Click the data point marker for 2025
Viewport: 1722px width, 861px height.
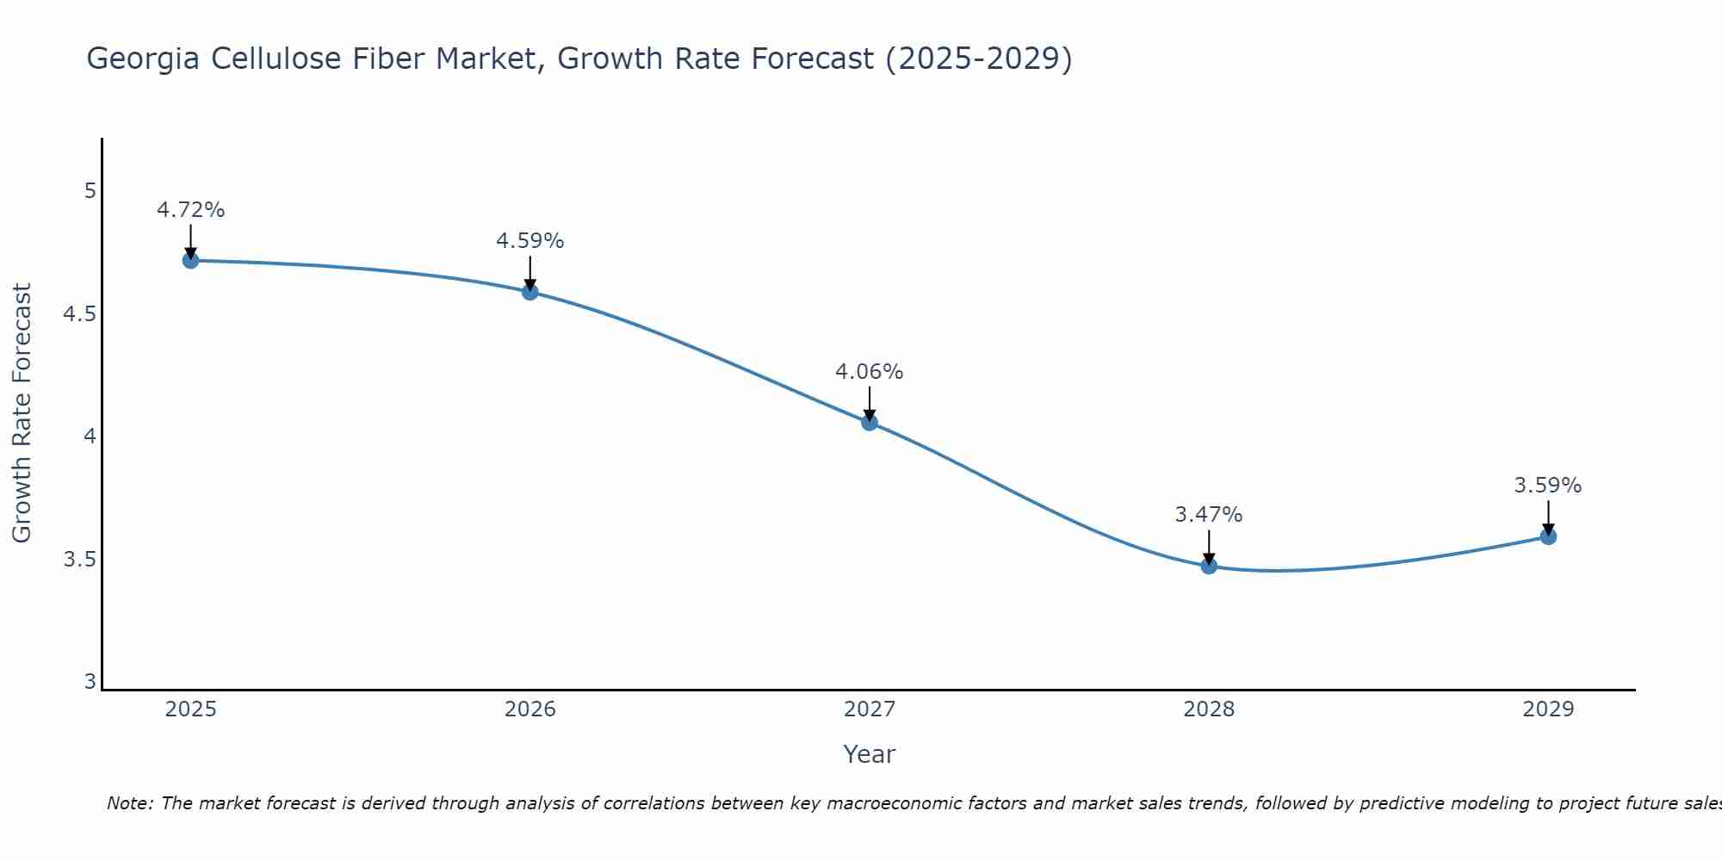click(190, 260)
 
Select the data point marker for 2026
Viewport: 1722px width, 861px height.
click(530, 292)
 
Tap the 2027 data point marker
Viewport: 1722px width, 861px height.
click(869, 422)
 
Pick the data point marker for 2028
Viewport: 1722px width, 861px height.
click(1208, 566)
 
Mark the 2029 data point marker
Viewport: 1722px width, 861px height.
click(1547, 536)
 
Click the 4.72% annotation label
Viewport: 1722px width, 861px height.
click(190, 210)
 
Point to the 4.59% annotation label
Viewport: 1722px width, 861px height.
click(530, 241)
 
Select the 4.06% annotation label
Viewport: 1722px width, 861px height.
click(869, 372)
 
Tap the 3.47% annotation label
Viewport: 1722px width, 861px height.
click(1208, 515)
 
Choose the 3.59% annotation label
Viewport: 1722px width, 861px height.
click(1547, 486)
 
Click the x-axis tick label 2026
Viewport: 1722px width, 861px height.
click(530, 709)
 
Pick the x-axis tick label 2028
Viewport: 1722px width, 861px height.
click(1208, 709)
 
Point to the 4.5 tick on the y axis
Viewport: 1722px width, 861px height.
click(78, 314)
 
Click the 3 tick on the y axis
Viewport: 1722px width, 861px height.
click(90, 683)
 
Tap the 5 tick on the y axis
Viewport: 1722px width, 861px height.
click(90, 191)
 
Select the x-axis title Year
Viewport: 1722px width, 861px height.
click(869, 754)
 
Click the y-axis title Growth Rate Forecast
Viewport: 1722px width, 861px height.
click(22, 413)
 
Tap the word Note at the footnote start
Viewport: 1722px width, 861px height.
click(129, 803)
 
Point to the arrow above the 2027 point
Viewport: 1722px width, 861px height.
click(869, 403)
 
